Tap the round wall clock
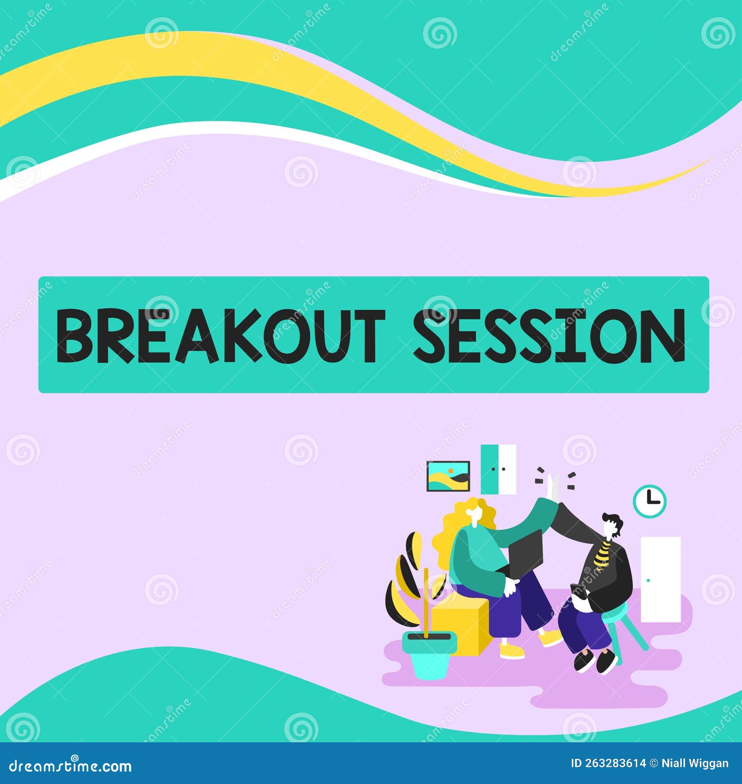coord(649,501)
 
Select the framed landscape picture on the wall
coord(448,476)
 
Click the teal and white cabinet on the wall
coord(498,469)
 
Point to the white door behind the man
coord(660,579)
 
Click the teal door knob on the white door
coord(648,580)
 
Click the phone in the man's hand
coord(576,590)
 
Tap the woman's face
coord(474,514)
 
